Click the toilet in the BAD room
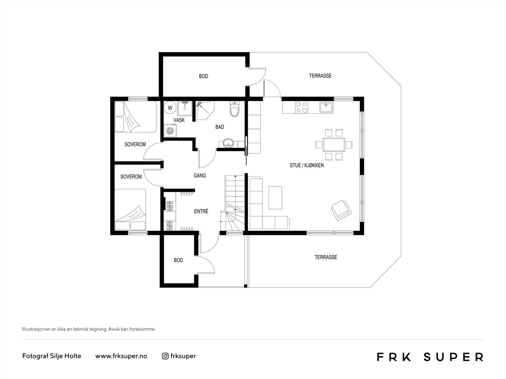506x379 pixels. coord(234,110)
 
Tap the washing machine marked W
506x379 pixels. coord(170,108)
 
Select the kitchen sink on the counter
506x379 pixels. coord(326,107)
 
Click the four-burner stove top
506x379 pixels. coord(301,107)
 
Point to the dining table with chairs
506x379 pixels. coord(334,145)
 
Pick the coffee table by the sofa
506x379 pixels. coord(275,198)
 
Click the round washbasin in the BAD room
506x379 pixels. coord(228,143)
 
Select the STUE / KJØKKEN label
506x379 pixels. coord(307,165)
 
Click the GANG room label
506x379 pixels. coord(200,175)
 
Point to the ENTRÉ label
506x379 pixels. coord(201,211)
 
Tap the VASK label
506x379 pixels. coord(179,120)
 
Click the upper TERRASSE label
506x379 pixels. coord(320,76)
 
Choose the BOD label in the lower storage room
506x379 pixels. coord(178,260)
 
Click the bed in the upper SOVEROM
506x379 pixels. coord(135,117)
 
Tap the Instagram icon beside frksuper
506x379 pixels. coord(165,356)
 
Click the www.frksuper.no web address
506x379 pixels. coord(121,356)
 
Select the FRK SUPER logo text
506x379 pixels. coord(430,357)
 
